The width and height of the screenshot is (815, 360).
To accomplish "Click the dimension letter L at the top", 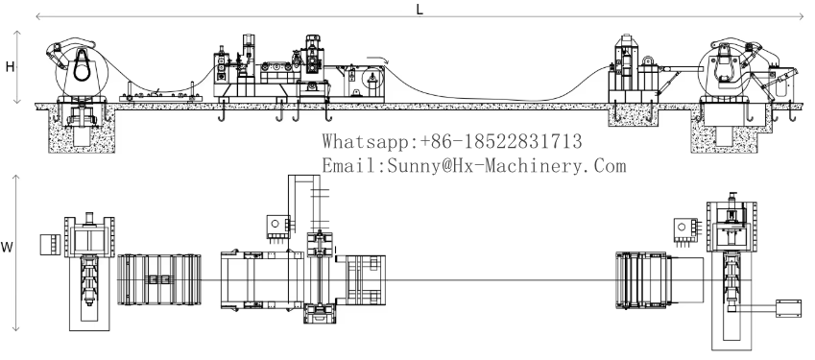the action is pos(419,9).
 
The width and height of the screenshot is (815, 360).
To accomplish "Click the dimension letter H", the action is pos(10,66).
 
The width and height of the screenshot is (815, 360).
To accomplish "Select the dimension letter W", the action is pos(6,248).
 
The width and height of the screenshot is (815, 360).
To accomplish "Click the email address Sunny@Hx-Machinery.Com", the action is pos(506,166).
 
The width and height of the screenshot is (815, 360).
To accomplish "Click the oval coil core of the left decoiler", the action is pos(82,66).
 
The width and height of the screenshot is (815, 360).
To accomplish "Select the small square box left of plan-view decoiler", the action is pos(51,245).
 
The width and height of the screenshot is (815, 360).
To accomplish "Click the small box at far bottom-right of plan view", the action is pos(788,308).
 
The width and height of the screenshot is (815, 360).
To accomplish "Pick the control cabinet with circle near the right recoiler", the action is pos(684,229).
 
